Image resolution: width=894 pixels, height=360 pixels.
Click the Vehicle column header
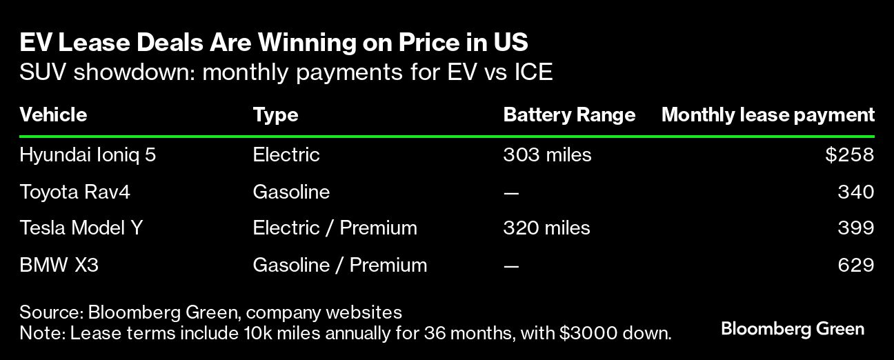click(53, 115)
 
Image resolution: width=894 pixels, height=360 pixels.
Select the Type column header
click(275, 116)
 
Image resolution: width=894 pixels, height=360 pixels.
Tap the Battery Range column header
click(569, 116)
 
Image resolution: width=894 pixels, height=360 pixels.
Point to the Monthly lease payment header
click(768, 116)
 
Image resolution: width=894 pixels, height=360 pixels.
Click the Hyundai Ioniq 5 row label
click(88, 155)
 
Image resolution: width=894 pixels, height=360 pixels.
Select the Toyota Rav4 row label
click(74, 192)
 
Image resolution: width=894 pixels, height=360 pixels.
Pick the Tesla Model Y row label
click(81, 228)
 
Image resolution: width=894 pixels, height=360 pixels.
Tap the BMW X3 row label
click(59, 265)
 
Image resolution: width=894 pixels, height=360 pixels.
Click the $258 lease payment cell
click(850, 154)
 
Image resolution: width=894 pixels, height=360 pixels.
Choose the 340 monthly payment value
click(856, 192)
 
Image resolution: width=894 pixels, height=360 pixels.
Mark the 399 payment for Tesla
click(856, 228)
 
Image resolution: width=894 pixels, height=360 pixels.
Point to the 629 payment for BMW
click(856, 265)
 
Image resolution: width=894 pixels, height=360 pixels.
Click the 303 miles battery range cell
click(547, 155)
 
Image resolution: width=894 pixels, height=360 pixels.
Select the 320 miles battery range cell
click(546, 228)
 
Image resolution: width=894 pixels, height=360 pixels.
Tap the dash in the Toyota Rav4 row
click(511, 194)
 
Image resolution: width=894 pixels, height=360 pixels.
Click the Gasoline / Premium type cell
click(339, 265)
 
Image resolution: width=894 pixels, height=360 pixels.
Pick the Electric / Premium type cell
click(335, 228)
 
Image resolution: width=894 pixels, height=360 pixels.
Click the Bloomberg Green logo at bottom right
click(793, 329)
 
